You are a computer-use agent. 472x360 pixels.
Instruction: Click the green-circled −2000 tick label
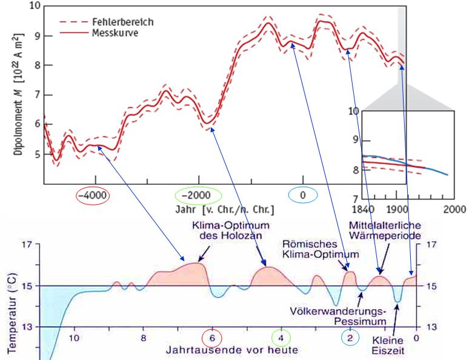click(x=198, y=195)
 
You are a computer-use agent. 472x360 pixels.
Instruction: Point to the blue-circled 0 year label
click(x=302, y=195)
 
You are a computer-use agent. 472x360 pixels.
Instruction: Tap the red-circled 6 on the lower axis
click(x=212, y=338)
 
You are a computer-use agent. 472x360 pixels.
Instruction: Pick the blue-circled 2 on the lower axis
click(x=350, y=338)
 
